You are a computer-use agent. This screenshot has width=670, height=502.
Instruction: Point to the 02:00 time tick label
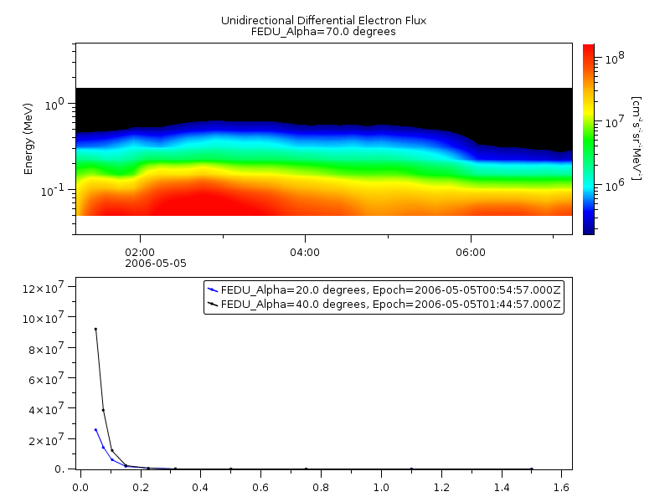[140, 252]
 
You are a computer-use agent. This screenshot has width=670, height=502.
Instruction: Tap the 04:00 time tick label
[305, 252]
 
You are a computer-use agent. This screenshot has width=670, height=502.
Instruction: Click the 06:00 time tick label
[471, 252]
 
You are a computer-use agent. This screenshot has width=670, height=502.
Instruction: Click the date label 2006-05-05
[156, 263]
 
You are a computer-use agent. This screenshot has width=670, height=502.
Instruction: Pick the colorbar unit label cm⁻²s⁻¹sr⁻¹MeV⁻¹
[637, 138]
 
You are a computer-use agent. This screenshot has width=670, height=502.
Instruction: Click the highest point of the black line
[95, 329]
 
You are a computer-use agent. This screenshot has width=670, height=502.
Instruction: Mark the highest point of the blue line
[95, 429]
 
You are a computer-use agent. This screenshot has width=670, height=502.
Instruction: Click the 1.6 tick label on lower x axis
[562, 484]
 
